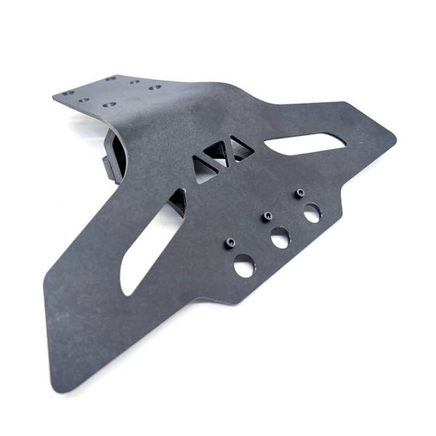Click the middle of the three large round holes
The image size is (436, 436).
[x=280, y=238]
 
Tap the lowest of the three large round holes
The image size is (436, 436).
[x=244, y=266]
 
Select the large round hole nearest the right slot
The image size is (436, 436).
[x=312, y=213]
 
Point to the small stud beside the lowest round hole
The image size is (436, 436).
[x=231, y=243]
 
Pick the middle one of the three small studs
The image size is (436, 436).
[x=267, y=217]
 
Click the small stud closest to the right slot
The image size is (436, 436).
[x=299, y=193]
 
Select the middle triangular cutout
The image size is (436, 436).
[x=218, y=153]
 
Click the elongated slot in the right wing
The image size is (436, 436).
[x=305, y=143]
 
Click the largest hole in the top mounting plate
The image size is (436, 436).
[x=109, y=105]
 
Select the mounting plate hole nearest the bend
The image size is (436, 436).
[x=155, y=88]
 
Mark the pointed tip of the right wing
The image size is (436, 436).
[x=395, y=137]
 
